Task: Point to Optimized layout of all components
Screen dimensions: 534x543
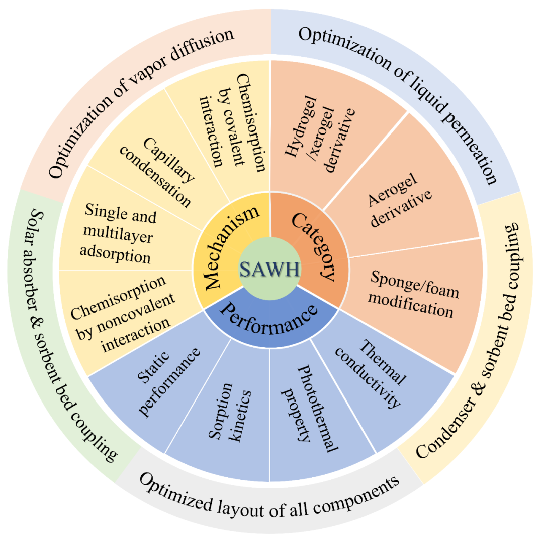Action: click(x=269, y=494)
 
